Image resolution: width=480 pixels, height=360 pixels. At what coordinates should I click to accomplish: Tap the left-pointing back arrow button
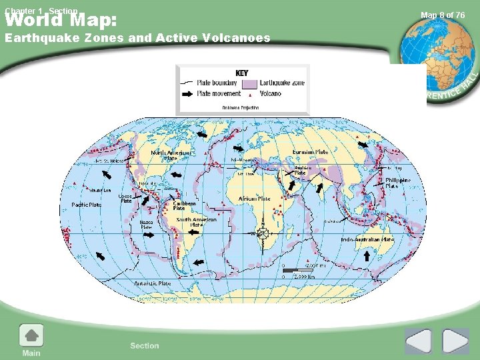click(x=419, y=341)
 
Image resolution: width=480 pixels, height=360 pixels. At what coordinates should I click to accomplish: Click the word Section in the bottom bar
click(x=145, y=345)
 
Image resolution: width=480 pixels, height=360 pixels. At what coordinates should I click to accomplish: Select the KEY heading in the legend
click(x=243, y=73)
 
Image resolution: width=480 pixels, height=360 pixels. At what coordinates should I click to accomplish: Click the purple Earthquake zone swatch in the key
click(x=249, y=84)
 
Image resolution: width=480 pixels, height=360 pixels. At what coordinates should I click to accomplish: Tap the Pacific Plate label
click(x=87, y=205)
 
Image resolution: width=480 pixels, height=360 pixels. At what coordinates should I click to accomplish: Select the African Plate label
click(x=255, y=198)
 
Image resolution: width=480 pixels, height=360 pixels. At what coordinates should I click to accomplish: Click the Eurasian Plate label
click(x=311, y=152)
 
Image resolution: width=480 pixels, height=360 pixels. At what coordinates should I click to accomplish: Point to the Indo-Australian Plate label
click(x=367, y=239)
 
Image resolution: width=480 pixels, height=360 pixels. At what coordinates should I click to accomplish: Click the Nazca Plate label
click(x=146, y=225)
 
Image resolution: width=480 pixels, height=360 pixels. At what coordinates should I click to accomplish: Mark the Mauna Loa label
click(x=92, y=189)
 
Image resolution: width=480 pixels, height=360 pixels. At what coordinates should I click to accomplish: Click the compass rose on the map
click(x=263, y=233)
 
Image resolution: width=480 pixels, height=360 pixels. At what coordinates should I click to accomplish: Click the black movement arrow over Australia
click(x=367, y=256)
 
